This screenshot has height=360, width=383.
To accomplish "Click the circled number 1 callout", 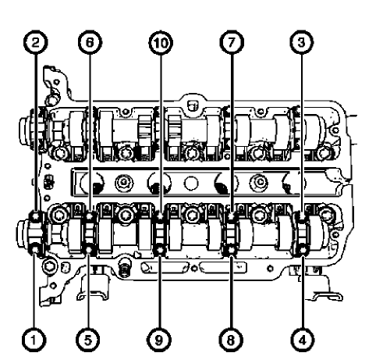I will click(32, 339).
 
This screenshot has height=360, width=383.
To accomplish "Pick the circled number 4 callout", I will click(303, 339).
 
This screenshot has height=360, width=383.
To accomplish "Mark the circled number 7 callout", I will click(232, 44).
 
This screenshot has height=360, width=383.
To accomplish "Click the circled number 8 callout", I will click(232, 339).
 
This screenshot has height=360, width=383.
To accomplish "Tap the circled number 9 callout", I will click(159, 339).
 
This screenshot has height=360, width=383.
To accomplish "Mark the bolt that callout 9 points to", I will click(159, 251).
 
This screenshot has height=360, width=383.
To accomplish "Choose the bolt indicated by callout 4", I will click(303, 251).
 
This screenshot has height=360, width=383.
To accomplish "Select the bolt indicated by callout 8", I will click(232, 251).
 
